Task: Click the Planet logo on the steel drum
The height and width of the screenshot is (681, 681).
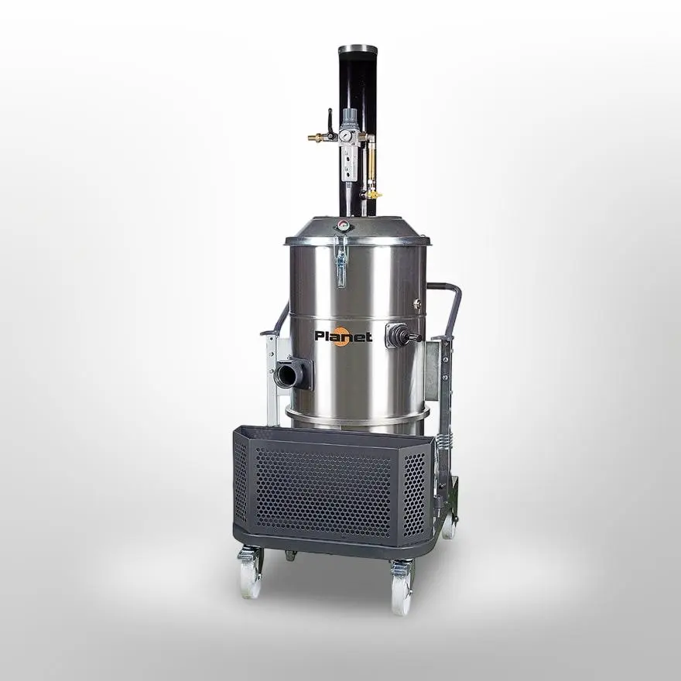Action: click(343, 336)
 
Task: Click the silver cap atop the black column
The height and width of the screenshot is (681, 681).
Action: click(358, 49)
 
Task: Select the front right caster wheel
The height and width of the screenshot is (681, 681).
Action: click(402, 590)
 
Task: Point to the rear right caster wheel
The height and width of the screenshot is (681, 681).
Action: click(448, 525)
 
